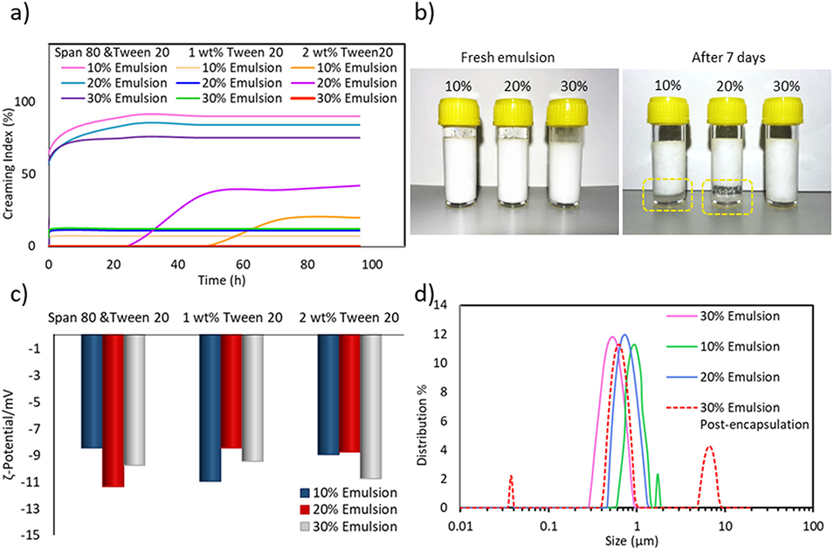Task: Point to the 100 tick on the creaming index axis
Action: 32,102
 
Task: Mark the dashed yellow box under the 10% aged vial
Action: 666,193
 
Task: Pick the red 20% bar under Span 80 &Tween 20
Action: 114,411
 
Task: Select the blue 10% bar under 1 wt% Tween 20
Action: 210,408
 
